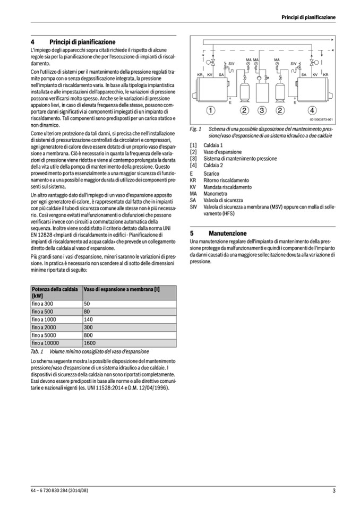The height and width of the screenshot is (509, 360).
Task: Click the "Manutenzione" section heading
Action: point(227,233)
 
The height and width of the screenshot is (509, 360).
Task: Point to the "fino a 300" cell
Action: point(42,304)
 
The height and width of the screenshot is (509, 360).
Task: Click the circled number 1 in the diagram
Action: point(211,110)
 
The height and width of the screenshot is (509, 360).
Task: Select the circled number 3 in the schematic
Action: point(262,110)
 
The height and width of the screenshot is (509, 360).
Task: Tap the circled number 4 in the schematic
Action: point(312,110)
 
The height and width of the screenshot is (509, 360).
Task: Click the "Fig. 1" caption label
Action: point(195,129)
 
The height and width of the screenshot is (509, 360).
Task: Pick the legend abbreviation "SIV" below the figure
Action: point(194,206)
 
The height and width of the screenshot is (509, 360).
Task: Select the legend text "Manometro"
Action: point(215,194)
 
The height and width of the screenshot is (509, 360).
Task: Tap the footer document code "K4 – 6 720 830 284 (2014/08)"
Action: point(59,490)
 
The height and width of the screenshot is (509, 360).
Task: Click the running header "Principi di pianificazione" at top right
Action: point(308,18)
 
